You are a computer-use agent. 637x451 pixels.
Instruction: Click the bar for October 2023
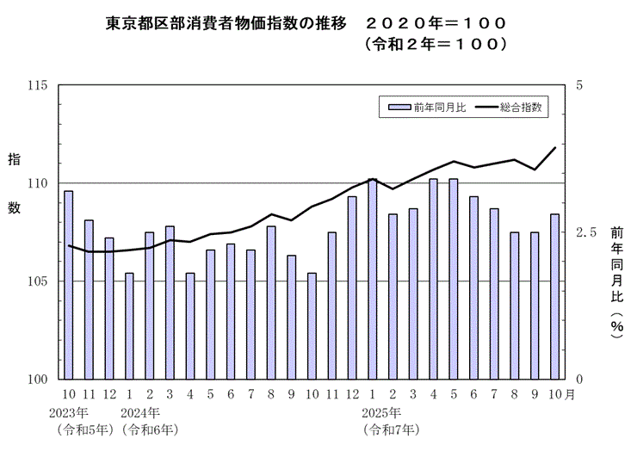[69, 285]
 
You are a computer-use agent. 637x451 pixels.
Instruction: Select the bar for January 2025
[373, 279]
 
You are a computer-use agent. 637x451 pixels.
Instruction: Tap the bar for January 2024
[130, 326]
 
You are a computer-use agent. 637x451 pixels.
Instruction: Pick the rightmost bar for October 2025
[555, 296]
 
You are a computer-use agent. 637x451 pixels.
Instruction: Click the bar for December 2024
[352, 287]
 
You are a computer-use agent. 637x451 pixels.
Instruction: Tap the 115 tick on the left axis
[38, 85]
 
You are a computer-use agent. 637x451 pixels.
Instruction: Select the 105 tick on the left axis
[38, 281]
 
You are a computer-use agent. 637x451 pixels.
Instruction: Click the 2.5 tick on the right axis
[586, 232]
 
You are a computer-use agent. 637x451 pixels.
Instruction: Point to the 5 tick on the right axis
[579, 85]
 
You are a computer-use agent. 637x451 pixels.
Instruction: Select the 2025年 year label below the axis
[384, 412]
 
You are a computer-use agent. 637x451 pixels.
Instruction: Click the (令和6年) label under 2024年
[151, 428]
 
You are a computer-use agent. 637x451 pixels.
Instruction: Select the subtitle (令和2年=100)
[433, 41]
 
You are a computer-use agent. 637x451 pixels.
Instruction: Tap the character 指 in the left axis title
[15, 160]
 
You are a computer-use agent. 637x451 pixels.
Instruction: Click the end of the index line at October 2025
[555, 147]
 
